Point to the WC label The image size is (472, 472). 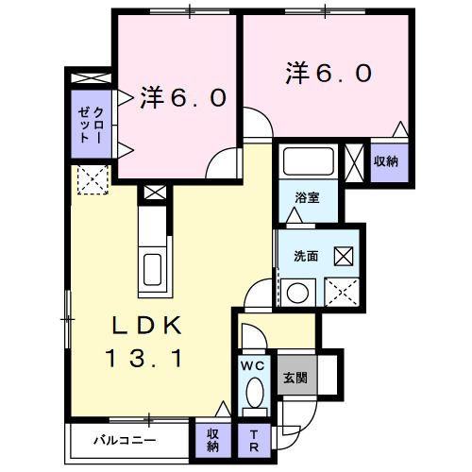(x=252, y=363)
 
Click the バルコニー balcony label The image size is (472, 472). (x=124, y=439)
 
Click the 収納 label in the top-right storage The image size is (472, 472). (x=385, y=160)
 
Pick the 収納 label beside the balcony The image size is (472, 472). (x=216, y=440)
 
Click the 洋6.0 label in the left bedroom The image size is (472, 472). (x=185, y=96)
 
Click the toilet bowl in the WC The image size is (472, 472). (x=253, y=389)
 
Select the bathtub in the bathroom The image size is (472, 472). (x=306, y=161)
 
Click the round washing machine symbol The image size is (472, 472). (x=298, y=292)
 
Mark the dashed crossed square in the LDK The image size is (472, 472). (x=92, y=179)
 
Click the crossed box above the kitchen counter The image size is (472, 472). (x=151, y=194)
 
